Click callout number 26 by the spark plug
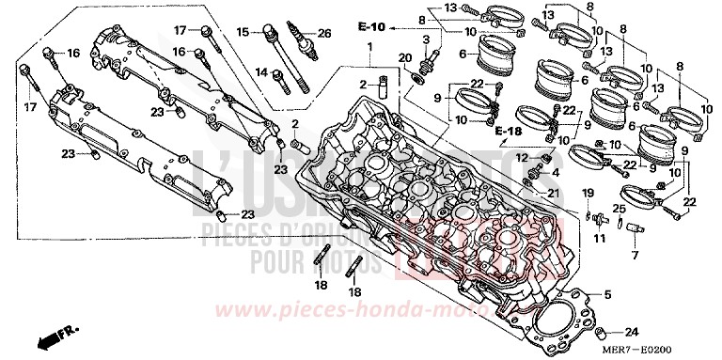point(325,33)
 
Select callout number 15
point(242,33)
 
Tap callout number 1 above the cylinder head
point(370,46)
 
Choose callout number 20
point(404,58)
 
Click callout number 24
point(631,332)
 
